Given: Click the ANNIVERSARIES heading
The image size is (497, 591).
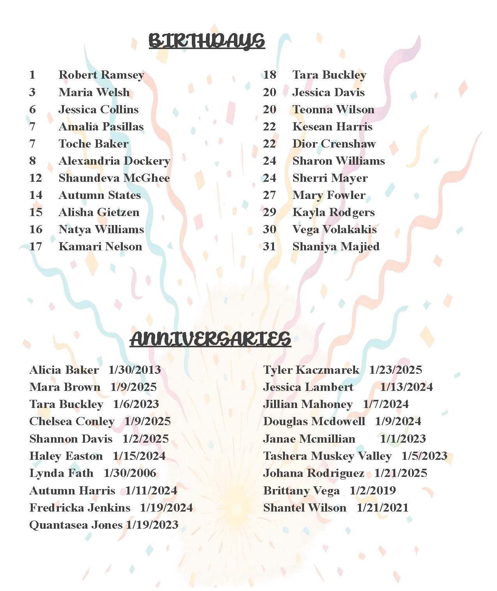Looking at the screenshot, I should click(210, 339).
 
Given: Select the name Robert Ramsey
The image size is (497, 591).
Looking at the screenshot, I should click(101, 75).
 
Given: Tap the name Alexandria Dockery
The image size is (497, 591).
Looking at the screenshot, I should click(114, 161).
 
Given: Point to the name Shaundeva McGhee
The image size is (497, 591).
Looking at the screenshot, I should click(114, 178).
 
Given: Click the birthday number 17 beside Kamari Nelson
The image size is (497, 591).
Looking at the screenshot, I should click(35, 246).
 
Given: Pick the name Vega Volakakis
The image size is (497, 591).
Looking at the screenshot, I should click(334, 229).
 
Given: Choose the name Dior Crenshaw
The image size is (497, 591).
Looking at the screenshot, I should click(334, 144).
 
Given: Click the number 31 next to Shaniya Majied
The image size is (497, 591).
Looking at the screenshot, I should click(269, 246).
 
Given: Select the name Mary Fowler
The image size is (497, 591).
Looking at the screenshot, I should click(329, 195).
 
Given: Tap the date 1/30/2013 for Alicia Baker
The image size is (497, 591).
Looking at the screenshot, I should click(134, 370).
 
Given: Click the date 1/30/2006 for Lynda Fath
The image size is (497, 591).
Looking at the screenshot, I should click(130, 473).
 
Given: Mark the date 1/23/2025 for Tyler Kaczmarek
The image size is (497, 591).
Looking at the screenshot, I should click(396, 370).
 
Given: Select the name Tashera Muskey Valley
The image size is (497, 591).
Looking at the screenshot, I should click(327, 456).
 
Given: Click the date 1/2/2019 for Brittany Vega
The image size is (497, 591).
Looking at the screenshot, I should click(373, 491).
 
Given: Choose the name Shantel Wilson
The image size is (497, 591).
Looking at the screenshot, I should click(304, 508).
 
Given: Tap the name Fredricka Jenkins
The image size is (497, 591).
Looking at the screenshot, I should click(80, 508).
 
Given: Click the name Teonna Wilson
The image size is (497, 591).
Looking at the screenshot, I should click(333, 109).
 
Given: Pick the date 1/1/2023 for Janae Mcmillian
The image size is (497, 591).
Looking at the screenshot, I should click(403, 439).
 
